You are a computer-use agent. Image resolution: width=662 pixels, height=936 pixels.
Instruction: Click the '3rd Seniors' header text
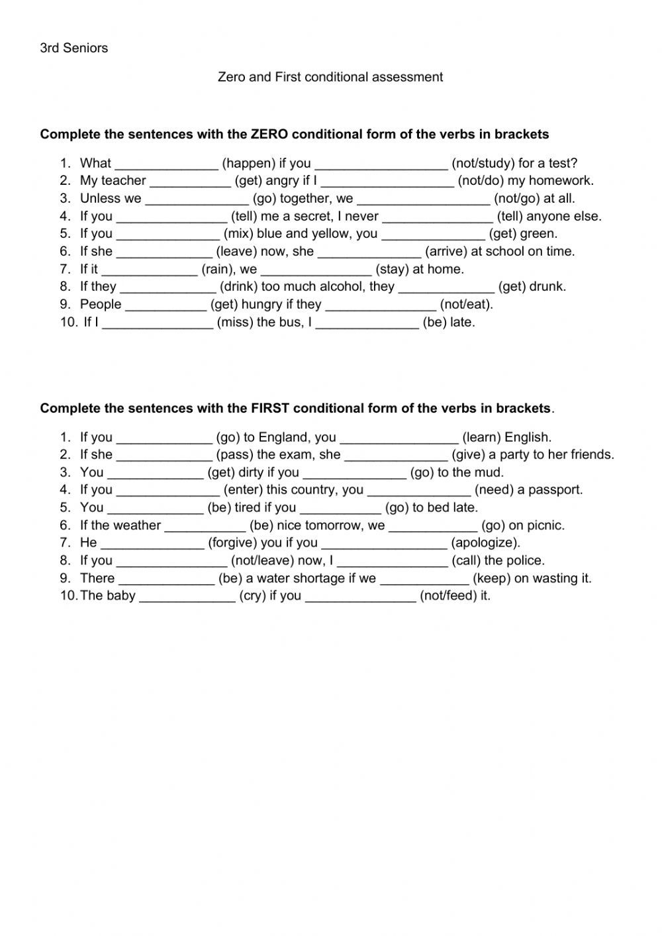[73, 48]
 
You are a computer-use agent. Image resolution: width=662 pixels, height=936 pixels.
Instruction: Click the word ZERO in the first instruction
[269, 134]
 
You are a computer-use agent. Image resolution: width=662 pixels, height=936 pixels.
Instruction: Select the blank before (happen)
[166, 164]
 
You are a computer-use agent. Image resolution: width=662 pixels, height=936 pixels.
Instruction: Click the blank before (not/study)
[381, 164]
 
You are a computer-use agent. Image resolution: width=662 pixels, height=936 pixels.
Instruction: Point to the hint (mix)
[238, 234]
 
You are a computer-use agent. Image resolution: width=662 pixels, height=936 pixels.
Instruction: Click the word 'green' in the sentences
[540, 234]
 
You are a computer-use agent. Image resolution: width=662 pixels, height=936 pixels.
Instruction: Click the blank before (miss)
[158, 323]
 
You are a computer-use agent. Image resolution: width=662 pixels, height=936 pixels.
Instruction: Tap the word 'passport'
[556, 490]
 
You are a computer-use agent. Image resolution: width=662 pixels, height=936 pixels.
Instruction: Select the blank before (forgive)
[152, 543]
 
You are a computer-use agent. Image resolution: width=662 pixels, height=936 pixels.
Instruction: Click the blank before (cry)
[187, 596]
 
